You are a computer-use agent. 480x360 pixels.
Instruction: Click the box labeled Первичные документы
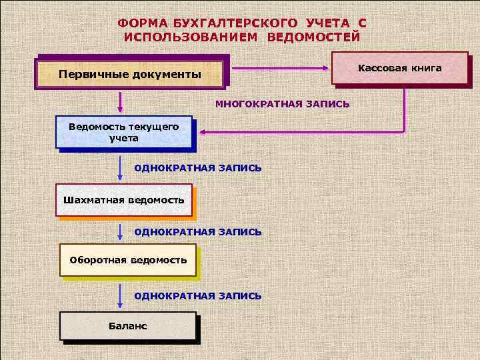tap(130, 73)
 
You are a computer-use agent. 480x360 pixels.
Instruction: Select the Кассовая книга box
tap(399, 69)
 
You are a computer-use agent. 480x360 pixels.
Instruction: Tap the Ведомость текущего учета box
tap(124, 132)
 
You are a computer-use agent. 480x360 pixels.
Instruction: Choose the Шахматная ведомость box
tap(124, 200)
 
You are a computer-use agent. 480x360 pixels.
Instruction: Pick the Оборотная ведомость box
tap(128, 259)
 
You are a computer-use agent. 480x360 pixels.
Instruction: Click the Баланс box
tap(128, 325)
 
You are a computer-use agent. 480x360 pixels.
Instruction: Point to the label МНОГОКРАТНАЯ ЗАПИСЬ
tap(282, 105)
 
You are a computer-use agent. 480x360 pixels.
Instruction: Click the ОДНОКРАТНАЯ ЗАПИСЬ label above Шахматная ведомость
tap(198, 167)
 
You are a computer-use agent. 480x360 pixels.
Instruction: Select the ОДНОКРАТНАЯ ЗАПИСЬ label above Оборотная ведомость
tap(198, 231)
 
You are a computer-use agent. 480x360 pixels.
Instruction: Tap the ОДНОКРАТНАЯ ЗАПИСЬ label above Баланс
tap(198, 295)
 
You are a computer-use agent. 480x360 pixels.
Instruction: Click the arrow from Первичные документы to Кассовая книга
tap(280, 67)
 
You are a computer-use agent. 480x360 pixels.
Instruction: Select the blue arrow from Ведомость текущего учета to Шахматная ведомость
tap(120, 169)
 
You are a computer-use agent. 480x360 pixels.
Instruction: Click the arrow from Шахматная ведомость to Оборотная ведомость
tap(120, 233)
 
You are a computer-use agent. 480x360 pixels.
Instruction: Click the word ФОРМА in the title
tap(139, 23)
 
